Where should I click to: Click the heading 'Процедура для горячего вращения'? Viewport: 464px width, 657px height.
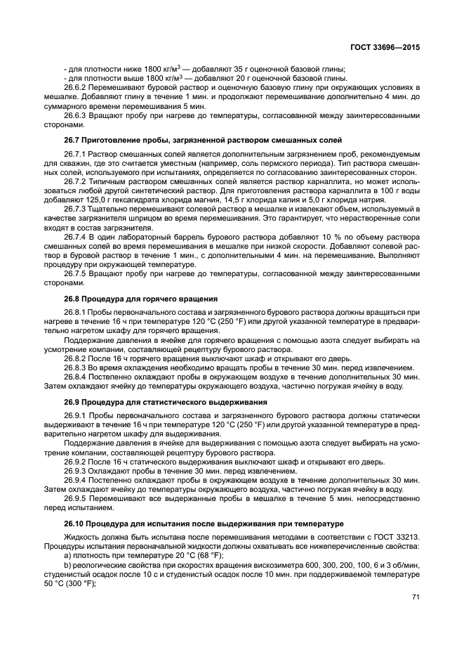coord(141,299)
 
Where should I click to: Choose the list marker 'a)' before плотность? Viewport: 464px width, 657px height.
coord(68,556)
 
